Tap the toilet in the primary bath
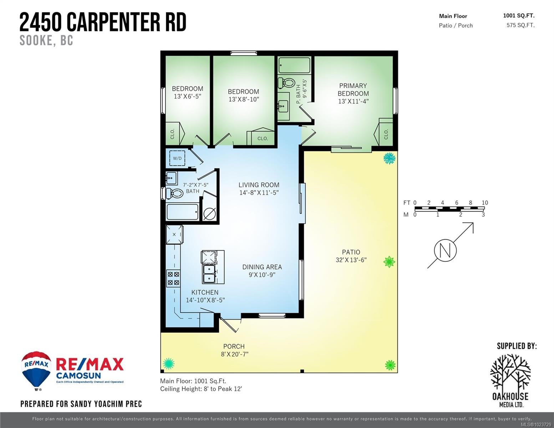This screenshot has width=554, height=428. click(x=285, y=83)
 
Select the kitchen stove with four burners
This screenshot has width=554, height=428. click(x=173, y=278)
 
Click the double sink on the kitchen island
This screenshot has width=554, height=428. click(x=209, y=274)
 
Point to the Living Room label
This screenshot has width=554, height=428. click(x=259, y=185)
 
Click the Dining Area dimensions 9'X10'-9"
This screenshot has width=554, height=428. click(x=262, y=275)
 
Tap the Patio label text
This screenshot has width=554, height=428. click(x=351, y=252)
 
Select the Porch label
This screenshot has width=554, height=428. click(x=234, y=346)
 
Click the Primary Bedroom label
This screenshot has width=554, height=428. click(x=353, y=90)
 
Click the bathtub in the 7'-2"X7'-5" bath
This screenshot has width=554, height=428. click(x=182, y=212)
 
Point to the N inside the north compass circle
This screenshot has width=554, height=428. click(x=445, y=250)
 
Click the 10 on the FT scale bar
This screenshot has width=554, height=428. click(x=484, y=203)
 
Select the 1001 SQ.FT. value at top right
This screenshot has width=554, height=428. click(x=519, y=15)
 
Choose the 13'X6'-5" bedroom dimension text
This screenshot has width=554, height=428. click(x=187, y=96)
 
